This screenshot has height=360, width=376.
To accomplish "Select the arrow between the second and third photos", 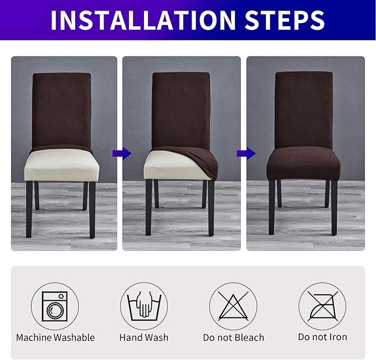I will [243, 153].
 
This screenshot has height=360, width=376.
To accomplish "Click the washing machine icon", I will [55, 306].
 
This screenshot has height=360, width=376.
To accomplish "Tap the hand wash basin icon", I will [144, 306].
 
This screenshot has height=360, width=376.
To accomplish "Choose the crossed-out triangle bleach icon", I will [233, 306].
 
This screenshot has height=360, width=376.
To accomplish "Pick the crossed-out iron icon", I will [322, 306].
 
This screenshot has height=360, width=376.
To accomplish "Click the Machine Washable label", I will [55, 337].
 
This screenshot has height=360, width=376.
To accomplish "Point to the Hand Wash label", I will [144, 337].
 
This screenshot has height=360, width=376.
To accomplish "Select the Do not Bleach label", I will [233, 337].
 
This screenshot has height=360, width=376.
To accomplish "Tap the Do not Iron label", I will [322, 337].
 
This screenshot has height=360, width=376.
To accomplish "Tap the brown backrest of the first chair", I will [61, 111].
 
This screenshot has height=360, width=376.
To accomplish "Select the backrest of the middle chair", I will [181, 108].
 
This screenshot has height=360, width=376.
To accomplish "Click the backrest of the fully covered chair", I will [303, 108].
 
